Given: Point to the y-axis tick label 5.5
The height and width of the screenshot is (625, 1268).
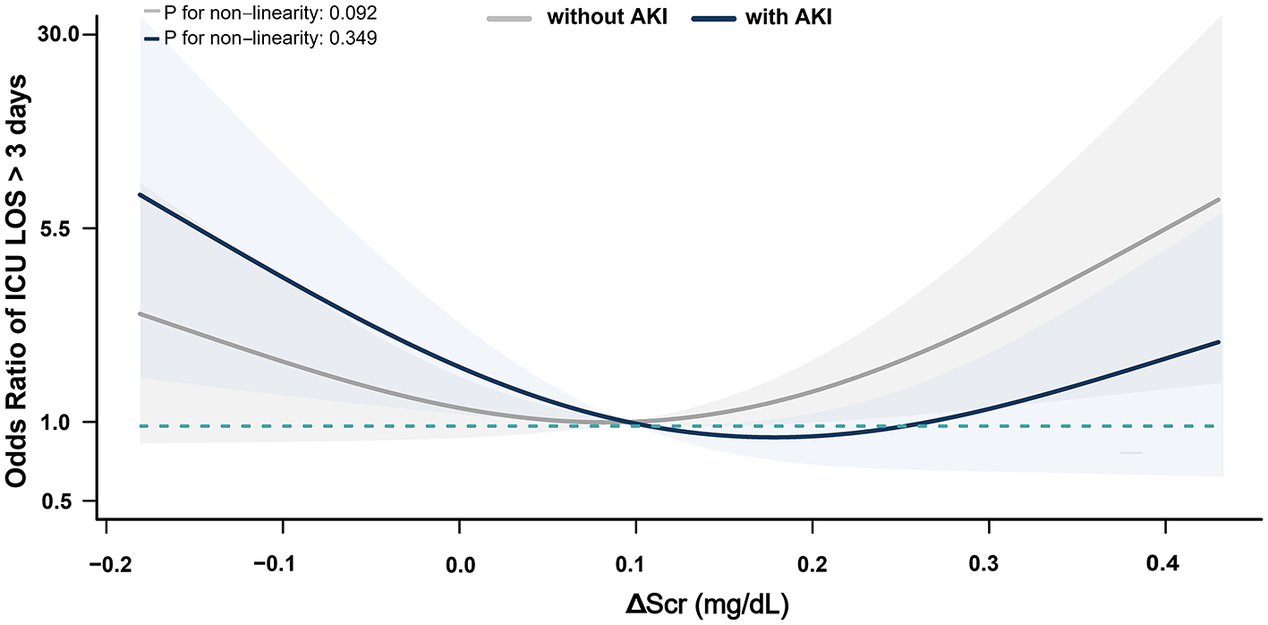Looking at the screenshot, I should [64, 228].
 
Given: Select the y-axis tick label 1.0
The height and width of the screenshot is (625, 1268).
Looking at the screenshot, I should [64, 422].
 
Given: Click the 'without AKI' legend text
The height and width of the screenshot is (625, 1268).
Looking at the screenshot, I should [608, 17].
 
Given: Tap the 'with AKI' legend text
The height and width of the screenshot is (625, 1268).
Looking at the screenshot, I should [788, 17].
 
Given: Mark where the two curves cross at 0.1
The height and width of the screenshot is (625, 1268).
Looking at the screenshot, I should [636, 423].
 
